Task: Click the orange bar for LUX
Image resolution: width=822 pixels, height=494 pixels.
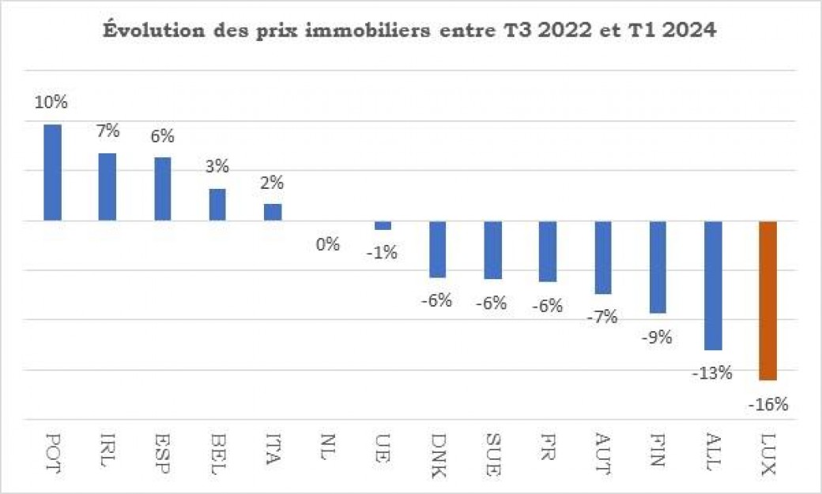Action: click(x=767, y=300)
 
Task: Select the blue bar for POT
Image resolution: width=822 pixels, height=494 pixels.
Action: click(x=52, y=172)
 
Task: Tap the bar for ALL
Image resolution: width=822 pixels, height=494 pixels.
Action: click(x=713, y=285)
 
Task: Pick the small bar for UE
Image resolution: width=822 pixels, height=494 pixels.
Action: click(x=383, y=225)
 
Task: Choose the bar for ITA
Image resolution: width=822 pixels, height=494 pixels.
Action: click(x=273, y=212)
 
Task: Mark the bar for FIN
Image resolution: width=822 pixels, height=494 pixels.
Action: click(x=658, y=267)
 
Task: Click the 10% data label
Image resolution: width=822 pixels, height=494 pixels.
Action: click(x=51, y=103)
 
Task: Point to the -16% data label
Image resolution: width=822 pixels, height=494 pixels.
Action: click(x=767, y=405)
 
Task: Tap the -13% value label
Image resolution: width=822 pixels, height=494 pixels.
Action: click(x=714, y=372)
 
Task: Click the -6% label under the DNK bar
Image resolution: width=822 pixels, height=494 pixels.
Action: click(x=436, y=300)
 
